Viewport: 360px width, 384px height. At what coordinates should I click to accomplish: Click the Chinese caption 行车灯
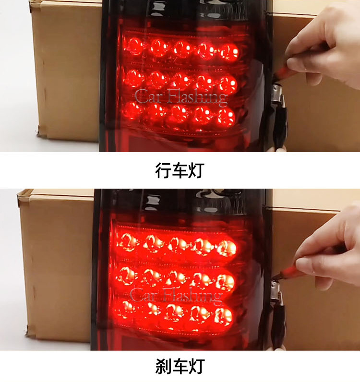180,170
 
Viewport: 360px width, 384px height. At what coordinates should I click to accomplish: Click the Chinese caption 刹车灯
180,366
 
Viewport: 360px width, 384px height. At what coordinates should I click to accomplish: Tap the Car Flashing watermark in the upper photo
181,97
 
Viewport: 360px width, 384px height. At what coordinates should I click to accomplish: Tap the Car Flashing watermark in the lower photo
176,296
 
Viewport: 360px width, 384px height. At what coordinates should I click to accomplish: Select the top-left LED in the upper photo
134,46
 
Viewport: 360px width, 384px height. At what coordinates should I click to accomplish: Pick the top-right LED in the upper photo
229,52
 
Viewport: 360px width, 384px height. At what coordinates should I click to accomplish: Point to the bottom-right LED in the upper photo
225,117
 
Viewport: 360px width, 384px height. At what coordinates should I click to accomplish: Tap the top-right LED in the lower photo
227,248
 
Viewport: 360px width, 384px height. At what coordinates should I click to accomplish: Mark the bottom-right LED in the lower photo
223,316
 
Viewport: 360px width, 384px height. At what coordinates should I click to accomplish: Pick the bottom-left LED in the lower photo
125,309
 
